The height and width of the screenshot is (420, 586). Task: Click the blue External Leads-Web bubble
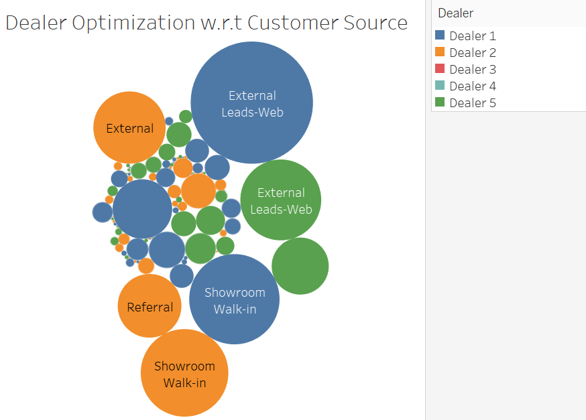click(x=251, y=102)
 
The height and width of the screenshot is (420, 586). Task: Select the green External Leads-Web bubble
click(x=281, y=200)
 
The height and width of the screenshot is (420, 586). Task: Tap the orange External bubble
click(x=129, y=128)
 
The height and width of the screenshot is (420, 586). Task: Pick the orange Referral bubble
click(x=150, y=306)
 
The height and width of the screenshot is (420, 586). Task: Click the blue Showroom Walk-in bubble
click(x=234, y=299)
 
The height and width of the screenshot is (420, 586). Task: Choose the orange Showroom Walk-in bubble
click(x=184, y=373)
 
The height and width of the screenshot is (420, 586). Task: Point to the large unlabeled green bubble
click(x=300, y=266)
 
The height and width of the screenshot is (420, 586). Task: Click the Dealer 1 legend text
click(x=472, y=36)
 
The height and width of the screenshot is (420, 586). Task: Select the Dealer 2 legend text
click(x=472, y=53)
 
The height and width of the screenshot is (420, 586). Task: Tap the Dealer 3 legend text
click(x=472, y=70)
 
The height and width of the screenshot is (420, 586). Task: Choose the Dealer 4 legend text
click(x=472, y=86)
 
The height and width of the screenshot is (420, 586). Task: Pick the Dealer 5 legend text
click(x=472, y=103)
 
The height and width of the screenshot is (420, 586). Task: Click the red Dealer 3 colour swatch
click(x=440, y=69)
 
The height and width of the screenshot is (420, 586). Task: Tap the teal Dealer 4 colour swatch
click(x=440, y=86)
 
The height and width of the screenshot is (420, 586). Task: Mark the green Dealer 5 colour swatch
click(x=440, y=102)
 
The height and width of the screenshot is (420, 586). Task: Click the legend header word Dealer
click(x=455, y=13)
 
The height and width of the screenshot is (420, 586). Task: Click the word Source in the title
click(x=373, y=23)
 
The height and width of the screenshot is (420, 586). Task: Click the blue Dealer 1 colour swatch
click(x=440, y=36)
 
